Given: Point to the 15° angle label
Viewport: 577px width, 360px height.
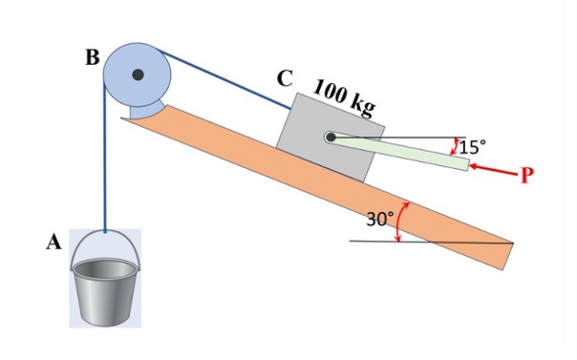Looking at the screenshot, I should pos(472,147).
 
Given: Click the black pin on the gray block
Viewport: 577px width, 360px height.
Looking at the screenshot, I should pos(331,138).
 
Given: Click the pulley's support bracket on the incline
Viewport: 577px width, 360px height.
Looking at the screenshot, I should pos(143,112).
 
